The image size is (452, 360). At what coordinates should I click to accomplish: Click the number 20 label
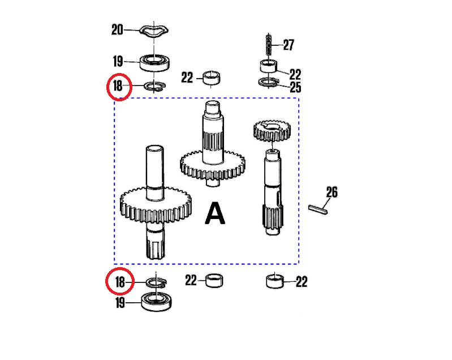pyautogui.click(x=117, y=30)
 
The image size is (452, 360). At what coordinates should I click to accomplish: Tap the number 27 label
pyautogui.click(x=289, y=45)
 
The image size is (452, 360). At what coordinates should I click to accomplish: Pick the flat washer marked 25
pyautogui.click(x=269, y=83)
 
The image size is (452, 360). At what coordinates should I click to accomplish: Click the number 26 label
pyautogui.click(x=332, y=192)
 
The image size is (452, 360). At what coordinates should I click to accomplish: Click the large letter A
pyautogui.click(x=215, y=214)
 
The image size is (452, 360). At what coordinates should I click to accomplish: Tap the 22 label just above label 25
pyautogui.click(x=295, y=74)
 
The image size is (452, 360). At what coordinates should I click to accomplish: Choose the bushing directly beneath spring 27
pyautogui.click(x=269, y=66)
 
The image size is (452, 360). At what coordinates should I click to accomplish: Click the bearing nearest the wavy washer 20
pyautogui.click(x=156, y=61)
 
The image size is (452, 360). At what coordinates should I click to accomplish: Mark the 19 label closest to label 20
pyautogui.click(x=118, y=61)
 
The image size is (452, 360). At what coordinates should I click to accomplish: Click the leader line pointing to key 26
pyautogui.click(x=325, y=202)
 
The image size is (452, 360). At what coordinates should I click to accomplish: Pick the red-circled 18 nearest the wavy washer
pyautogui.click(x=118, y=87)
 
